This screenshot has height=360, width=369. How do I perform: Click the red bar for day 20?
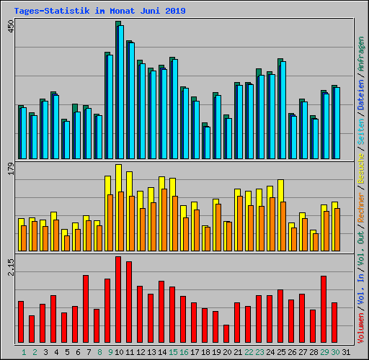(226, 334)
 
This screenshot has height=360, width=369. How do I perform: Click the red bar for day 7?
(86, 309)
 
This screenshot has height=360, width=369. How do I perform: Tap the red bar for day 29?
(324, 310)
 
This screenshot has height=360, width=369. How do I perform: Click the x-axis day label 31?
(346, 351)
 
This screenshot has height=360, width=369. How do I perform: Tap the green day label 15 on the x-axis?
(172, 351)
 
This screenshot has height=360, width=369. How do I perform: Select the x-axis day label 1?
(24, 351)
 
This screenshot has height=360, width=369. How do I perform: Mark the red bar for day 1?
(21, 322)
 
